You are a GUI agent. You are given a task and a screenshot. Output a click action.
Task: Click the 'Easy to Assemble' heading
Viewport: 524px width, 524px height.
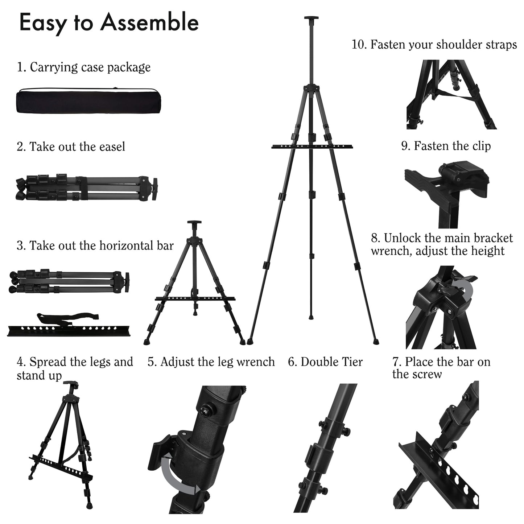[x=109, y=22]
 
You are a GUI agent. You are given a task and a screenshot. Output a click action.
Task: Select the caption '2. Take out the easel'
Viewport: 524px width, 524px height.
[x=71, y=147]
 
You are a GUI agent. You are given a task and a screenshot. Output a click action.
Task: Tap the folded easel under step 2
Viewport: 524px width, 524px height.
[x=87, y=188]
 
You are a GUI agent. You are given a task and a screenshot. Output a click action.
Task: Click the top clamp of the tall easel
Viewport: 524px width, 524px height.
[x=311, y=19]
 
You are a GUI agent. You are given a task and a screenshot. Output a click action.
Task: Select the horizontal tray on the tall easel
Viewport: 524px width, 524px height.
[x=311, y=146]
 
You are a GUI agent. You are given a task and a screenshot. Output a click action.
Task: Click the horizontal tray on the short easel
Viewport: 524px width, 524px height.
[x=195, y=298]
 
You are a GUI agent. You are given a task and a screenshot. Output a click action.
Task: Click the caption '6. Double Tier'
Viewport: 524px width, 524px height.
[x=325, y=362]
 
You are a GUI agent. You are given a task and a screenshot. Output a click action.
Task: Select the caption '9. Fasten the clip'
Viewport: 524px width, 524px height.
[x=446, y=146]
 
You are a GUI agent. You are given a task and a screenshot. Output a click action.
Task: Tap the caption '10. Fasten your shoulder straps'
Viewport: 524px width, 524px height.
[x=434, y=45]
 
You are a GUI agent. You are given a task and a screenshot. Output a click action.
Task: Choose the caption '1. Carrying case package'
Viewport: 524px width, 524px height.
[x=83, y=67]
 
